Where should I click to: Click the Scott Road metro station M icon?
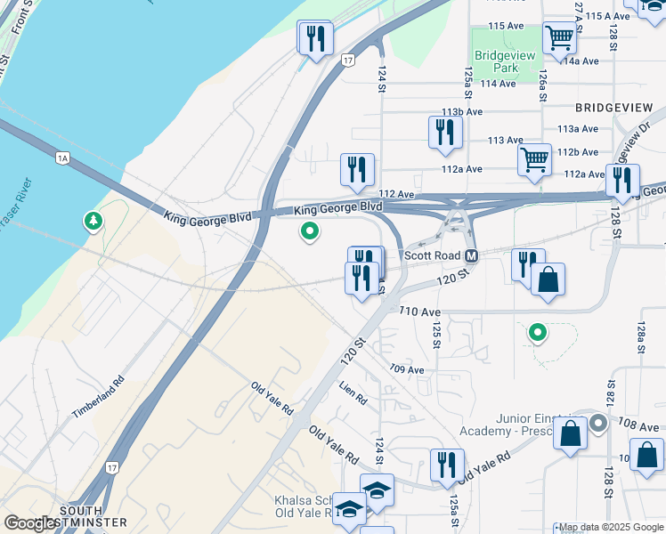tap(472, 255)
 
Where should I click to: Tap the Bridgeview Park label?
tap(505, 61)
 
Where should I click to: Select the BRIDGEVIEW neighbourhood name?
tap(613, 107)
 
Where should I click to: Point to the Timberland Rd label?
tap(99, 401)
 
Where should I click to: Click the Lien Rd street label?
tap(353, 393)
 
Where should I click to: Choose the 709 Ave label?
tap(406, 369)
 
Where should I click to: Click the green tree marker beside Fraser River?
tap(93, 221)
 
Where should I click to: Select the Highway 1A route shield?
tap(61, 158)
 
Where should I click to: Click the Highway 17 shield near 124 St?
tap(347, 61)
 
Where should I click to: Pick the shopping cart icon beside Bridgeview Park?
tap(560, 38)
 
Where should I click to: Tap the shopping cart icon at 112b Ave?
tap(534, 160)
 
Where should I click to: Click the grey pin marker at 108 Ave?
tap(598, 424)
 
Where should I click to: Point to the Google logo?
tap(29, 523)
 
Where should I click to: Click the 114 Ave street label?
tap(498, 84)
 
